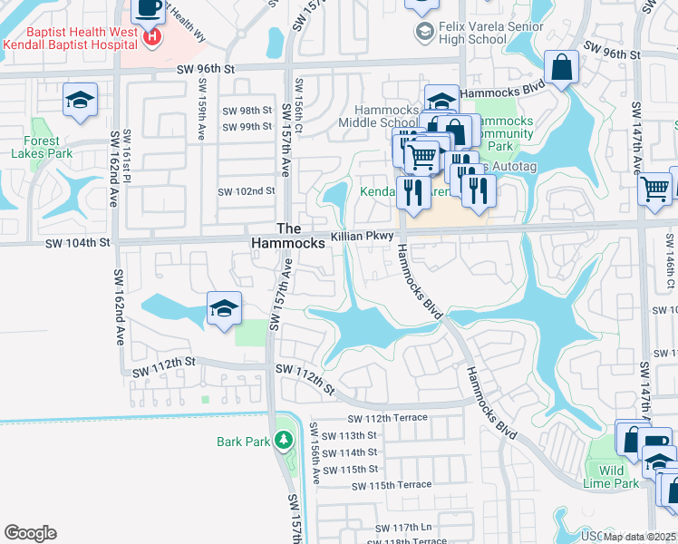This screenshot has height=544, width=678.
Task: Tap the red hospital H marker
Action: (151, 37)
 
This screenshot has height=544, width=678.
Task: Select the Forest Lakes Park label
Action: (37, 147)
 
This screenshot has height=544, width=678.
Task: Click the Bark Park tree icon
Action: (285, 441)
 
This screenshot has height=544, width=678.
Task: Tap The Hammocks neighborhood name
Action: (287, 237)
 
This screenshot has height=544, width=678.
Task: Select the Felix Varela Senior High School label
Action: (485, 34)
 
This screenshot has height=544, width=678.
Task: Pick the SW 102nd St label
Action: (247, 191)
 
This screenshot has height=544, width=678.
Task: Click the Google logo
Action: (30, 533)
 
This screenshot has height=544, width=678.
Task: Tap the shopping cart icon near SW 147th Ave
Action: (654, 189)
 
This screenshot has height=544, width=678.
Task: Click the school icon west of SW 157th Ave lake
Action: (224, 308)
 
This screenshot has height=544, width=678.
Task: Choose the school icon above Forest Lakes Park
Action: (80, 100)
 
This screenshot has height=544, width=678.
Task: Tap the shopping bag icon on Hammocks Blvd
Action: (562, 66)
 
